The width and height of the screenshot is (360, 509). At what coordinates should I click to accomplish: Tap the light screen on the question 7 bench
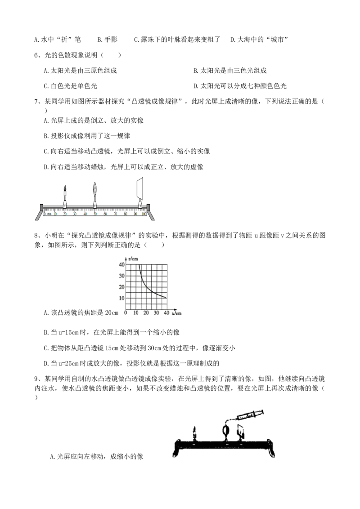[140, 189]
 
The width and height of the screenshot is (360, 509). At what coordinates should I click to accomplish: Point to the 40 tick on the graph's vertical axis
[122, 264]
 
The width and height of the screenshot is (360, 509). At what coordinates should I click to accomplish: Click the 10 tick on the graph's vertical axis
[122, 298]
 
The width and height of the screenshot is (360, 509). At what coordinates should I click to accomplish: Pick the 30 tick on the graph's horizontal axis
[156, 313]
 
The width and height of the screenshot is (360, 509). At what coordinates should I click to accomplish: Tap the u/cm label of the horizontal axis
[177, 313]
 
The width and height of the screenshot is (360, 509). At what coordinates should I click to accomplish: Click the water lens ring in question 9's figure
[225, 431]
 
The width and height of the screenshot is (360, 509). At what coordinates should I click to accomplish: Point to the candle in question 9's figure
[194, 434]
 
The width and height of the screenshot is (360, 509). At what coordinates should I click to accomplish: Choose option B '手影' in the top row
[108, 40]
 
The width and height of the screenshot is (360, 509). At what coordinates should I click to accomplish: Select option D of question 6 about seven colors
[240, 86]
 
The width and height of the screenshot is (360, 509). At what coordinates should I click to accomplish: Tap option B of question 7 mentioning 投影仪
[87, 136]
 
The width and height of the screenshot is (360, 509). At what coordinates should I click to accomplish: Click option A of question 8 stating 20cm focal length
[81, 313]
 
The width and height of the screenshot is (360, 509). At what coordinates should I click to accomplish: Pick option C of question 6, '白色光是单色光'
[71, 86]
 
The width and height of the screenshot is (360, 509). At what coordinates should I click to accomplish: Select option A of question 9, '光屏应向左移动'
[96, 456]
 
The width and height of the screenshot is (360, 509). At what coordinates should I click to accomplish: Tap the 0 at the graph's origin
[126, 313]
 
